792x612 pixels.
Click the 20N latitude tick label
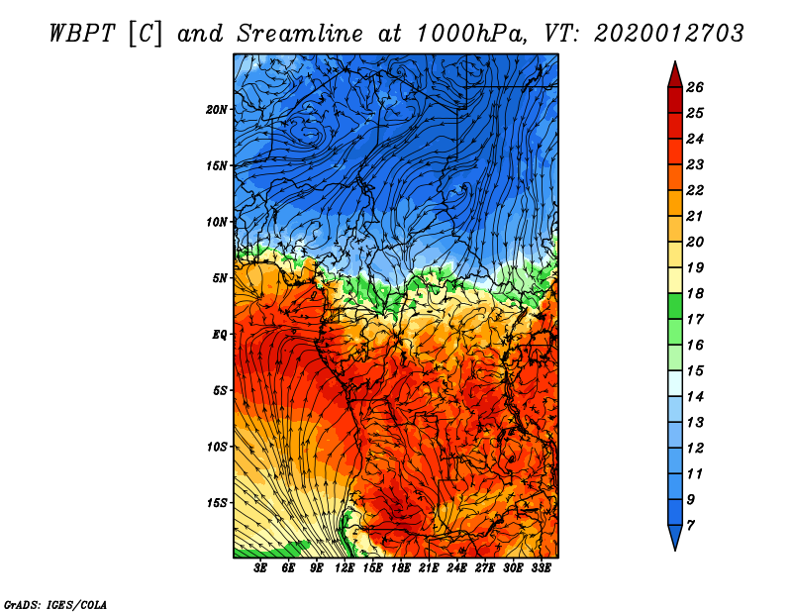217,109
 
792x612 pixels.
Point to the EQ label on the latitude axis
220,334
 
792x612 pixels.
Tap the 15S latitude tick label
217,502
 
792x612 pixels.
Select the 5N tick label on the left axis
220,278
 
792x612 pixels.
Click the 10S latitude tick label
217,447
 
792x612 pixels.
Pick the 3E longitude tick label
261,568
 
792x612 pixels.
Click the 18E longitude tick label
401,568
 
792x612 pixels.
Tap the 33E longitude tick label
541,568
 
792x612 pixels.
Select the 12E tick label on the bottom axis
345,568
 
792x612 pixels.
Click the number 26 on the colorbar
694,87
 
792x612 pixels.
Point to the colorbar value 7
691,525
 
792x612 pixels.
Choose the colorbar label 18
694,293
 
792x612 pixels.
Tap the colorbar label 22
694,190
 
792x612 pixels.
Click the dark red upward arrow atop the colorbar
674,73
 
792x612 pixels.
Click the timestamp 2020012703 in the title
669,33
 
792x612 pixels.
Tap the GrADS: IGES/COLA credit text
55,603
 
